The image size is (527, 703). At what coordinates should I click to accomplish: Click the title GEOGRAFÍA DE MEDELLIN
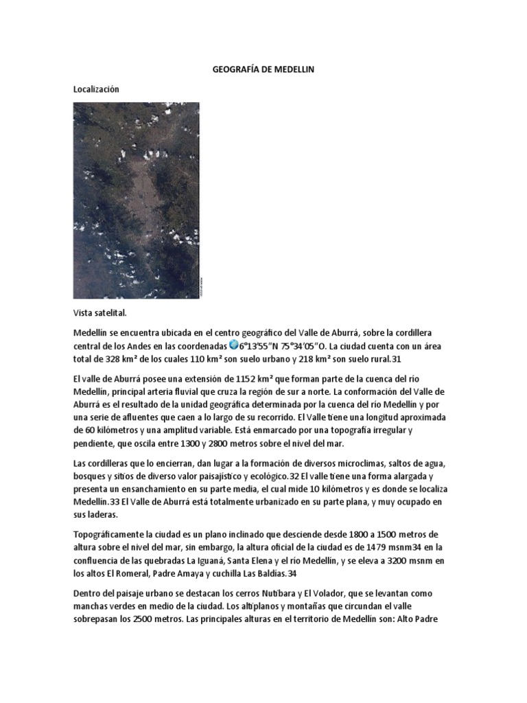click(263, 70)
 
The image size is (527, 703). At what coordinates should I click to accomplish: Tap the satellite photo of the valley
click(136, 200)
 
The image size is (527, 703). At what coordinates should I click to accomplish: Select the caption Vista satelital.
click(99, 313)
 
